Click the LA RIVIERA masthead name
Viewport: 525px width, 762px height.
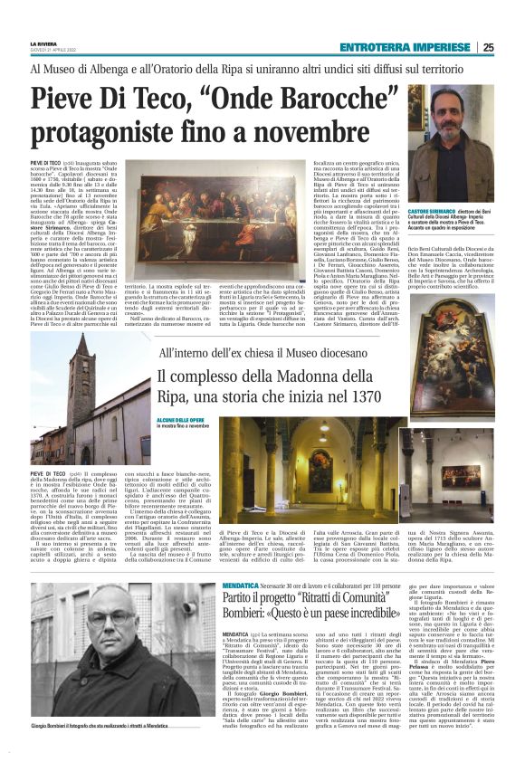point(43,43)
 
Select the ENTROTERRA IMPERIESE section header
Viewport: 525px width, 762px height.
point(406,47)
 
